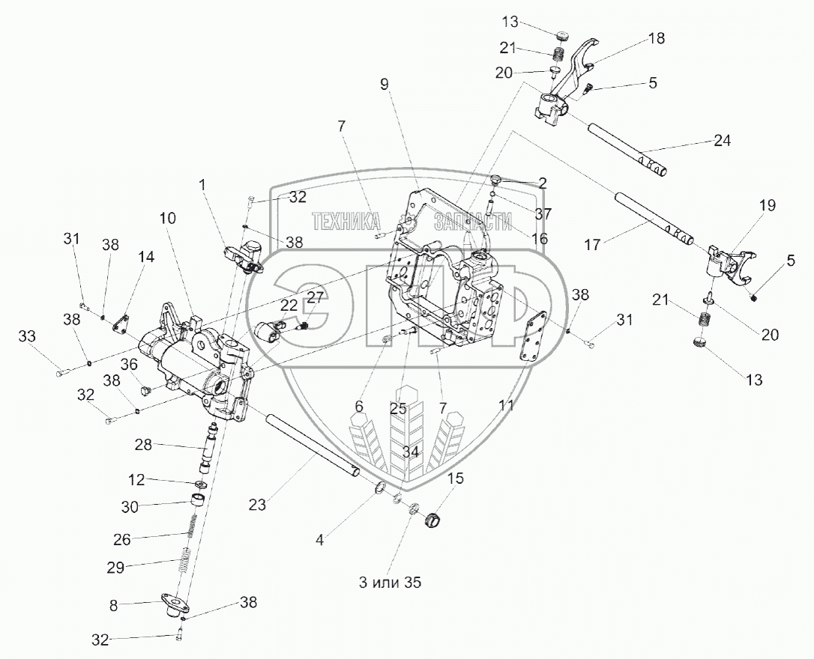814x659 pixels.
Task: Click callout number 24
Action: coord(723,141)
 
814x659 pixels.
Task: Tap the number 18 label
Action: coord(656,38)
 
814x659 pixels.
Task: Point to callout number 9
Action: coord(385,85)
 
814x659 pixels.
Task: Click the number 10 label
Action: coord(168,219)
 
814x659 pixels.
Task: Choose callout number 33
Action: coord(27,338)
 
